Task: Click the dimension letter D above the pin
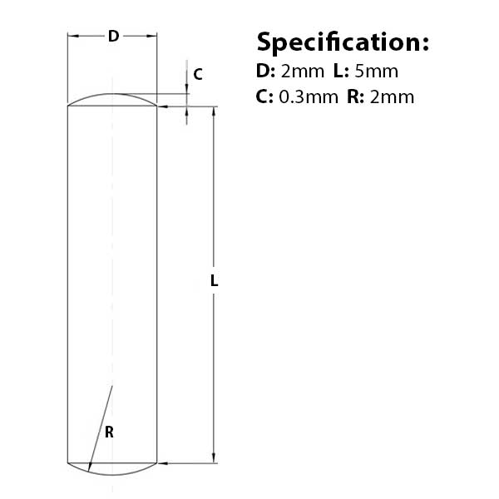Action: (x=113, y=36)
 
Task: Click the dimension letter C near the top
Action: (x=197, y=74)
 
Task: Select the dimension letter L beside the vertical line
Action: (x=214, y=282)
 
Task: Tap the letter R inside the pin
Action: (x=109, y=432)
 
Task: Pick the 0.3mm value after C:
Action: (x=308, y=96)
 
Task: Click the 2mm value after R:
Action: (x=391, y=96)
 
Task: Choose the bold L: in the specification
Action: (x=342, y=71)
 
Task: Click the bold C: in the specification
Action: (x=265, y=96)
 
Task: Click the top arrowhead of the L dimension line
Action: (x=214, y=111)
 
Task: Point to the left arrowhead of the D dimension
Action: (x=72, y=36)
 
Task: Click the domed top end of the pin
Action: (x=112, y=100)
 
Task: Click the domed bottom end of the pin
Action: (x=112, y=469)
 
